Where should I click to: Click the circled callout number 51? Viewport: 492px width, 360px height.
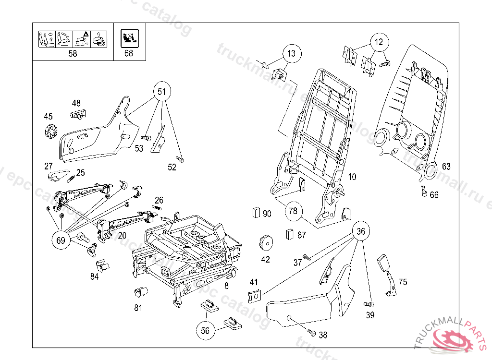[x=162, y=91]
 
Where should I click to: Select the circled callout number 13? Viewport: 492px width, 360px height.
[x=292, y=53]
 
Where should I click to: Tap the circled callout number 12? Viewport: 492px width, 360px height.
[x=379, y=42]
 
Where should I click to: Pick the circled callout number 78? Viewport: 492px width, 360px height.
[x=293, y=211]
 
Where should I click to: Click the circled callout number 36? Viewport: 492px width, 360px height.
[x=361, y=231]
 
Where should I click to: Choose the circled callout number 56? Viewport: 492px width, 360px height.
[x=205, y=330]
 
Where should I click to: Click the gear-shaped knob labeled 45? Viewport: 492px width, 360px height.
[x=50, y=131]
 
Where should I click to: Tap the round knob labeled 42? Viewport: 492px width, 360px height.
[x=265, y=243]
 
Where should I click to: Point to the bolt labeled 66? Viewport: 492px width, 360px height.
[x=424, y=190]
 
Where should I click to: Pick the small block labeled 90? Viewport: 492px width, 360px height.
[x=256, y=212]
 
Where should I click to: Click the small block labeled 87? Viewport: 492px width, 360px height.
[x=290, y=234]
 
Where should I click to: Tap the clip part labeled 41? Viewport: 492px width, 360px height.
[x=254, y=296]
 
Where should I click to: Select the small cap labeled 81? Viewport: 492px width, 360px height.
[x=140, y=291]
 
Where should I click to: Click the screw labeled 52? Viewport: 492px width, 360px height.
[x=181, y=159]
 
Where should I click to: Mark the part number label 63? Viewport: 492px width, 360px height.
[x=446, y=167]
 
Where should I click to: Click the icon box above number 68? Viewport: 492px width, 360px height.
[x=129, y=38]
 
